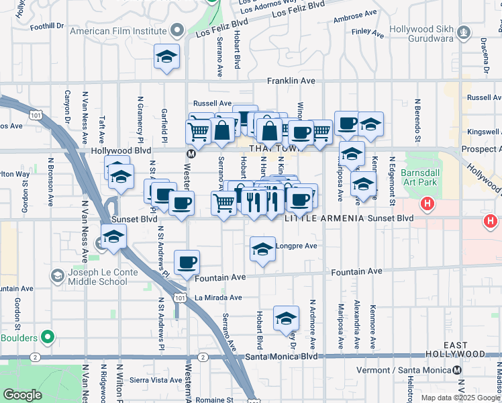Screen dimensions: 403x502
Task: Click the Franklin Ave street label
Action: pyautogui.click(x=291, y=81)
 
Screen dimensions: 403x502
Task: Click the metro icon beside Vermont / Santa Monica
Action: pyautogui.click(x=457, y=370)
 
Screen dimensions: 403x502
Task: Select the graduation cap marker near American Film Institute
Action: pyautogui.click(x=166, y=57)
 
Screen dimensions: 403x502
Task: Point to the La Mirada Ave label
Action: pyautogui.click(x=217, y=297)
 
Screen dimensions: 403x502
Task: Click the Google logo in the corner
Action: pyautogui.click(x=23, y=395)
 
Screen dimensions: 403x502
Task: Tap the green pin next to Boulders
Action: pyautogui.click(x=47, y=336)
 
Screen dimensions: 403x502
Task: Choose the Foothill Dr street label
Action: pyautogui.click(x=47, y=26)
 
